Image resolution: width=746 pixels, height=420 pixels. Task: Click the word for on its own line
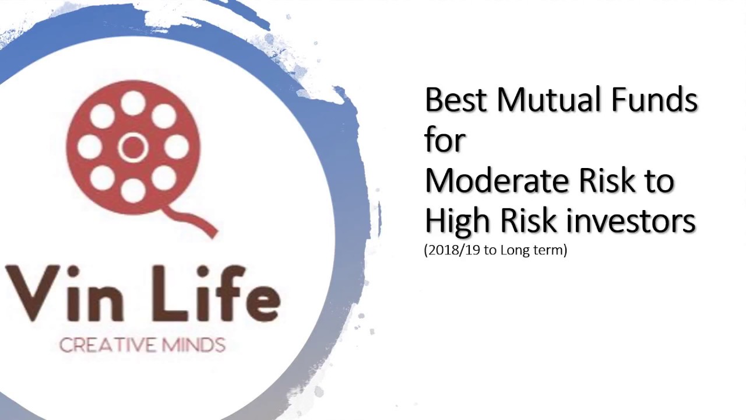click(445, 141)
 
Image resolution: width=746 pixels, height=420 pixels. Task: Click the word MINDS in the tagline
click(193, 345)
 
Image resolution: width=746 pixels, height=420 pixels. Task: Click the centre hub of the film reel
click(133, 146)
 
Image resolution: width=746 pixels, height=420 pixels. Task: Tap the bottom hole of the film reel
click(133, 190)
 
